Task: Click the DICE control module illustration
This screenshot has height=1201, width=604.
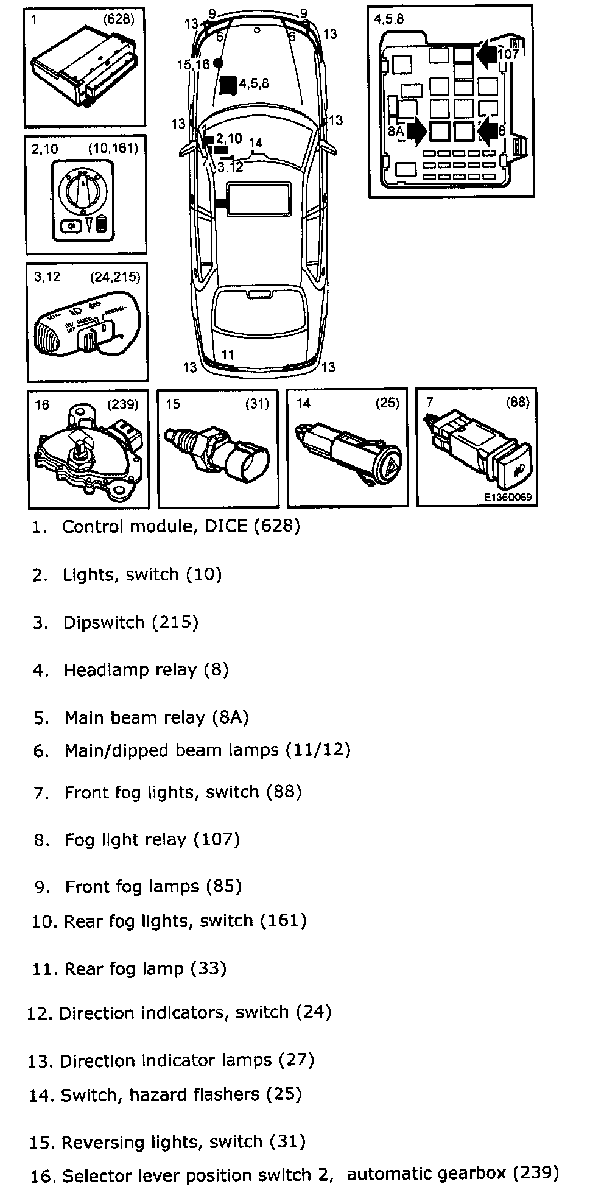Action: (82, 67)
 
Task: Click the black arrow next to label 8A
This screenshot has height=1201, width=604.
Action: (417, 131)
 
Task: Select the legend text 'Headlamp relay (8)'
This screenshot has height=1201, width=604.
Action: (146, 671)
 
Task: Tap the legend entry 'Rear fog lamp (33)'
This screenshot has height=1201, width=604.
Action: (145, 969)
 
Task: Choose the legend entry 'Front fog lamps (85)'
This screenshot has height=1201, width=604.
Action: (153, 887)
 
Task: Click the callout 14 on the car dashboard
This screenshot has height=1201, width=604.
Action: (256, 143)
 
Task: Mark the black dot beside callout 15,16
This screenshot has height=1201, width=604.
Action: (218, 63)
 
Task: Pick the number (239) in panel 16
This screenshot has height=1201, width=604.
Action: (124, 403)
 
